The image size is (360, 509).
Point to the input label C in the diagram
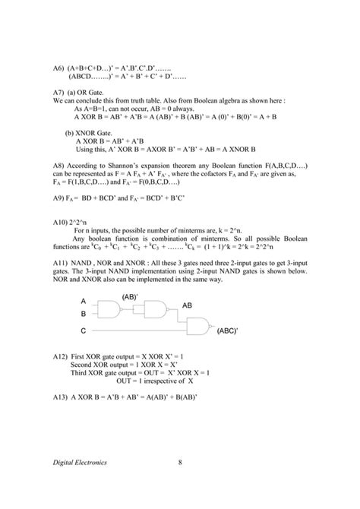coord(84,331)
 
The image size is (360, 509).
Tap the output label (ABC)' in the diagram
coord(228,332)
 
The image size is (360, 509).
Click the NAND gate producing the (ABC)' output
coord(199,327)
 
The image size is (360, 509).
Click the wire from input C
coord(137,331)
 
